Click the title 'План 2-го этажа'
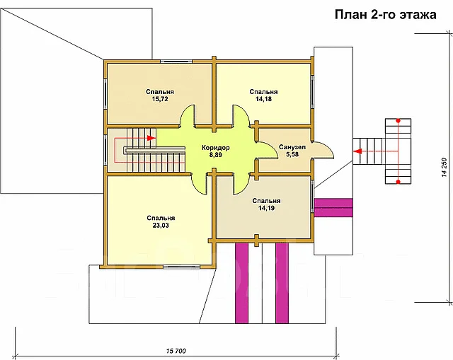[385, 14]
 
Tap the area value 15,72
[160, 99]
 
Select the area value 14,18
[263, 99]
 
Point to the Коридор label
[215, 148]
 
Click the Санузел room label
[292, 147]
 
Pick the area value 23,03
[161, 226]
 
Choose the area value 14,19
[266, 208]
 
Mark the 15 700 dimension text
[176, 351]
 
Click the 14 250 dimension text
[445, 168]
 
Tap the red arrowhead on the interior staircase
[151, 138]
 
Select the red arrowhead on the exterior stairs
[358, 151]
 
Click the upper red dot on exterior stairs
[398, 120]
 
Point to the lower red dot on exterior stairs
[398, 182]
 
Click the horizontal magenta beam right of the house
[333, 207]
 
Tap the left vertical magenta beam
[241, 283]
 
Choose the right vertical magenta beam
[282, 283]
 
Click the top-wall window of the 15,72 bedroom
[176, 62]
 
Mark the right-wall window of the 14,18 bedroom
[312, 93]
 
